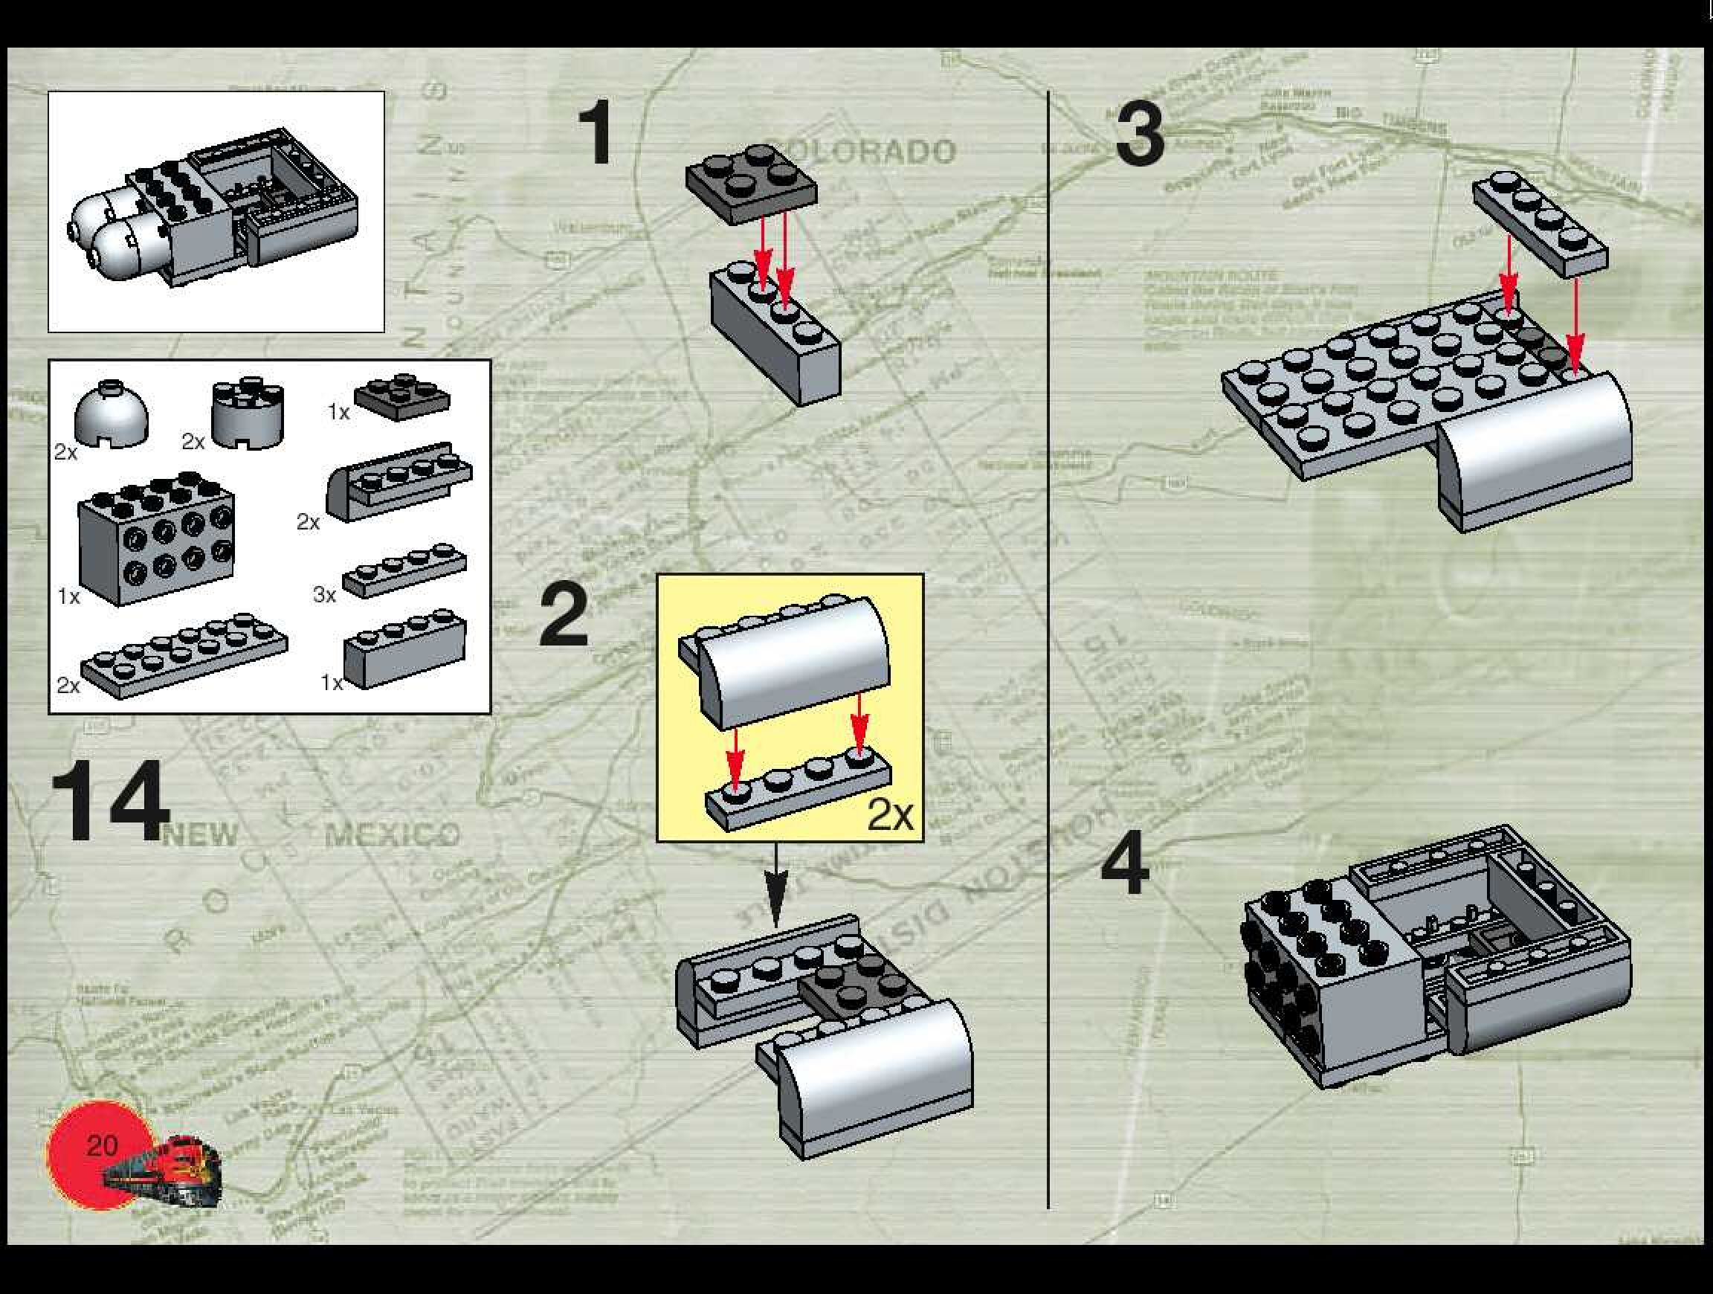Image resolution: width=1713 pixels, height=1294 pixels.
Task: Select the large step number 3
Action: tap(1140, 136)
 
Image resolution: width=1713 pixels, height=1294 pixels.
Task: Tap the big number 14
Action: tap(109, 801)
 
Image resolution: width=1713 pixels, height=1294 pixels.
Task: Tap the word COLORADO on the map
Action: tap(859, 151)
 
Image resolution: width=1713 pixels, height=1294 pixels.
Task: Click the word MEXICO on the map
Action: tap(392, 835)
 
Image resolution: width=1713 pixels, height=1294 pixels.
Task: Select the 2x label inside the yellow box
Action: tap(890, 814)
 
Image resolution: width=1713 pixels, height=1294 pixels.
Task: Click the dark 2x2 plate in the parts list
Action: tap(402, 396)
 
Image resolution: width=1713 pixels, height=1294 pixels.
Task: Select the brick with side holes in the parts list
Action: tap(155, 537)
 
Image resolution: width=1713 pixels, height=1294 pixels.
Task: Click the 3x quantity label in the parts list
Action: tap(324, 595)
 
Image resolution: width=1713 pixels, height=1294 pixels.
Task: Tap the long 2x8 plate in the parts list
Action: tap(184, 656)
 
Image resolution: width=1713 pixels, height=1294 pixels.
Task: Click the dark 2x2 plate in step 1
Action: tap(750, 184)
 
